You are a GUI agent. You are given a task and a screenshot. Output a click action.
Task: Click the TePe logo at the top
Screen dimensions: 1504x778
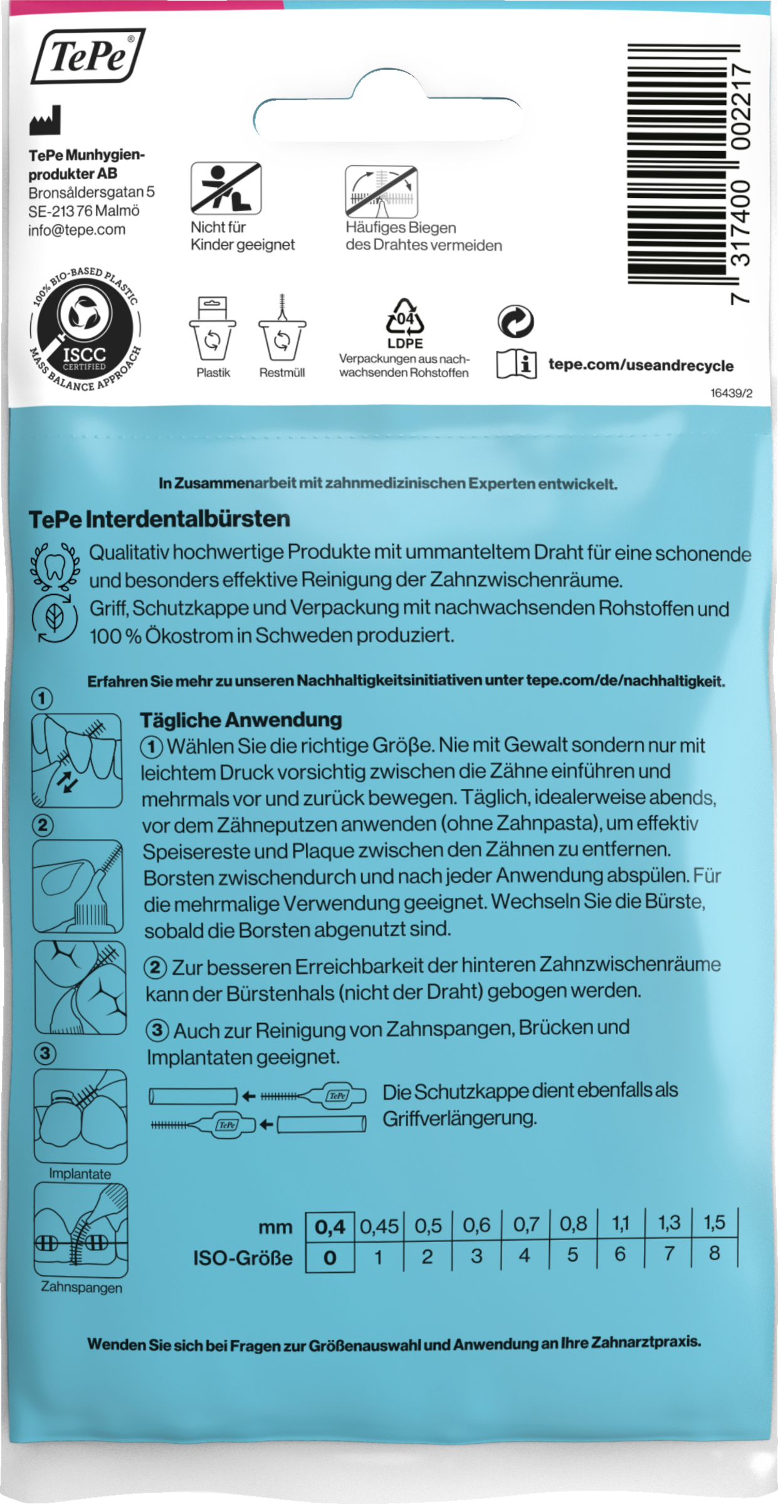[88, 56]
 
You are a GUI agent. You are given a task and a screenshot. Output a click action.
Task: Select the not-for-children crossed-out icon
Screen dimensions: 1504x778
[226, 188]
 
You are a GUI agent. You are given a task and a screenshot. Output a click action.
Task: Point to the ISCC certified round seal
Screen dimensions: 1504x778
[85, 329]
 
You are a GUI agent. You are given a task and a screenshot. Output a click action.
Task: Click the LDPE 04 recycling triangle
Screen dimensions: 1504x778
[404, 317]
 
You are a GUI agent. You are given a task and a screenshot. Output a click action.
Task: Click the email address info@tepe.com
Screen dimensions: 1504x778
[76, 229]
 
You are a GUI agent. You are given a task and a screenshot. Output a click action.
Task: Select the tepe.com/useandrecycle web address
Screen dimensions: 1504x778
[641, 365]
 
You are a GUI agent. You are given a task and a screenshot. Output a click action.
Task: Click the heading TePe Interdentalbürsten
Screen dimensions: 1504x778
[159, 519]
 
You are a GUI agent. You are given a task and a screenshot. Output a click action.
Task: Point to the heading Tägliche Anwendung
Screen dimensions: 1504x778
[241, 719]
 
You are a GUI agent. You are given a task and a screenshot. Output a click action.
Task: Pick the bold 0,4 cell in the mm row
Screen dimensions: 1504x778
[330, 1226]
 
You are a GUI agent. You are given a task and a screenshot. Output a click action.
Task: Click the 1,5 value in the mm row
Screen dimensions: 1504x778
[714, 1223]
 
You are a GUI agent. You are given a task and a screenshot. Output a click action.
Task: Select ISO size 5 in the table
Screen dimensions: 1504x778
[572, 1255]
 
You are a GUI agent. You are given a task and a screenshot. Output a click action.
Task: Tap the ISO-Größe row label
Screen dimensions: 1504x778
[243, 1258]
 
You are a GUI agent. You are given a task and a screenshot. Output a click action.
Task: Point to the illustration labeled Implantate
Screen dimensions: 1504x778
[80, 1115]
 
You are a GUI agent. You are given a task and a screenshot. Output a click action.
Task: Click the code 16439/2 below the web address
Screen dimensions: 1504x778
[731, 393]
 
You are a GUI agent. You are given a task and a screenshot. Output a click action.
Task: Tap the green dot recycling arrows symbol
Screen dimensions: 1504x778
[515, 321]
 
